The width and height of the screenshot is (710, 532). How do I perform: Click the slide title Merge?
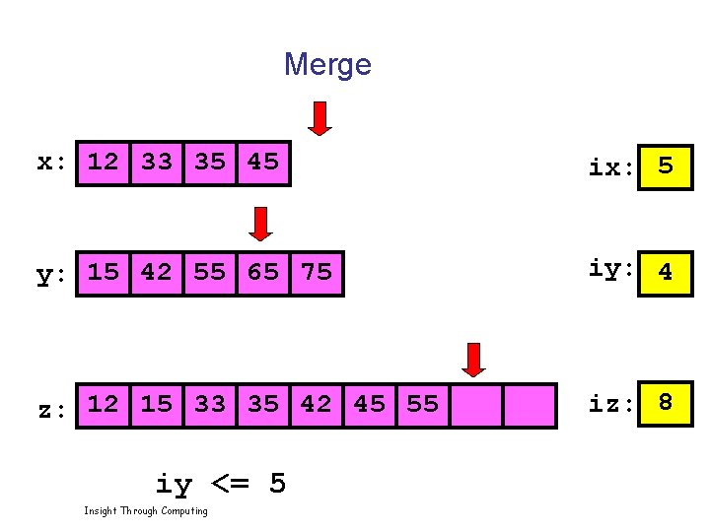327,65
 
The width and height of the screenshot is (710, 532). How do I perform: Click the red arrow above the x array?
319,117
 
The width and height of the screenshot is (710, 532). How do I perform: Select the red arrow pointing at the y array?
260,224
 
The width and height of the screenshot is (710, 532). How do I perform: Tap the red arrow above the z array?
474,360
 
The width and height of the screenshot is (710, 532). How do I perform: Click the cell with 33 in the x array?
157,163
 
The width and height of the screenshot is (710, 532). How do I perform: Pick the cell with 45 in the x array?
263,163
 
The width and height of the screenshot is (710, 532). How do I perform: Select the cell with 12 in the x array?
104,163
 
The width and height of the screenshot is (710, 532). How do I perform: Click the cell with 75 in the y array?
317,273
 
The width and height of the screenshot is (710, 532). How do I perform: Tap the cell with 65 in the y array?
263,273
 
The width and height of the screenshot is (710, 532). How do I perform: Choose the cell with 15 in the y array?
104,273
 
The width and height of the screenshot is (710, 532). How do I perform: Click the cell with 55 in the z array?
423,405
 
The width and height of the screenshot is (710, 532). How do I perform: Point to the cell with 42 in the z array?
317,405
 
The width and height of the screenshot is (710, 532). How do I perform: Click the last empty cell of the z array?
530,405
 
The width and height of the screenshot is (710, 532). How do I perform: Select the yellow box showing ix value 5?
666,166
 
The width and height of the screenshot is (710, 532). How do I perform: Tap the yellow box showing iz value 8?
666,403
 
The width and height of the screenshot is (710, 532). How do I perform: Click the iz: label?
610,404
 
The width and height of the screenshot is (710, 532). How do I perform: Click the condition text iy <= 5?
221,484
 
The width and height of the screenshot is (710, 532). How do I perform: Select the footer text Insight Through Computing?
146,510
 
